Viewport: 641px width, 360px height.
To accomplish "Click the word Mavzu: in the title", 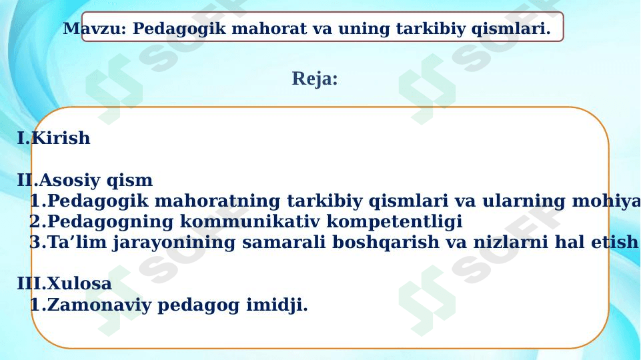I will pos(95,29).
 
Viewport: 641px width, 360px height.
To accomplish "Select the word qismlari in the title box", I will pos(512,29).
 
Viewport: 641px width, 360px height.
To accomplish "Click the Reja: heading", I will pos(315,79).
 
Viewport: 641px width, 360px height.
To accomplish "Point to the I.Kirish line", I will pos(53,139).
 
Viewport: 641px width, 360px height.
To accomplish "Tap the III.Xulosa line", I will pos(64,284).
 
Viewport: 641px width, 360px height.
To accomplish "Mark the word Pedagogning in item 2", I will pos(110,222).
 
